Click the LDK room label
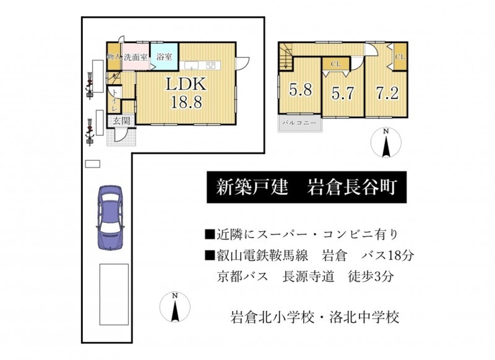click(x=186, y=84)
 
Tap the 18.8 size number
click(x=186, y=101)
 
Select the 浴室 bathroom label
click(x=165, y=57)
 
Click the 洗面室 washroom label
click(x=136, y=57)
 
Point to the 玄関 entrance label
click(x=121, y=121)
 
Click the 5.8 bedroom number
click(x=301, y=90)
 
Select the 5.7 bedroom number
click(x=343, y=93)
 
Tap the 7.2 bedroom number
click(x=387, y=93)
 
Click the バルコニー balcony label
click(x=299, y=122)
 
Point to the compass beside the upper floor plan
click(x=385, y=143)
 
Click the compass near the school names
click(x=175, y=307)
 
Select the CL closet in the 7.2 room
click(x=400, y=57)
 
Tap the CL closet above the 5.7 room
click(x=335, y=64)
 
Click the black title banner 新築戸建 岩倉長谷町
click(x=306, y=187)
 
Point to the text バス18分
click(x=387, y=255)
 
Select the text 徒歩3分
click(x=371, y=276)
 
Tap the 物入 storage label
click(x=114, y=57)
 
